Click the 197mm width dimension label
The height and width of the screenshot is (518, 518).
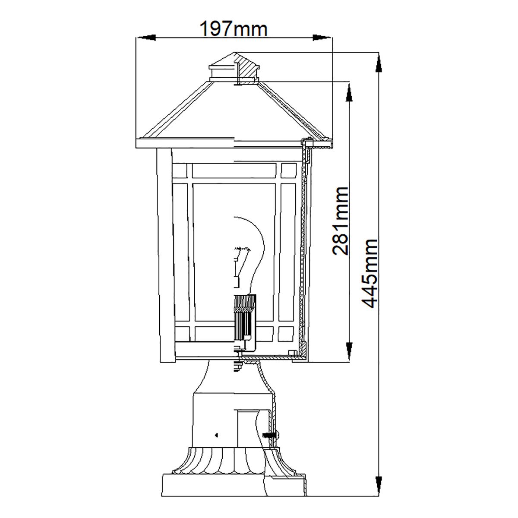click(234, 29)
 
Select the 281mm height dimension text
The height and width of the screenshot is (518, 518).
click(340, 221)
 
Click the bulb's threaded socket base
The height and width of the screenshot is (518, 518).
click(244, 319)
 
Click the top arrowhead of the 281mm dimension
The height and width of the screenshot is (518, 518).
click(349, 92)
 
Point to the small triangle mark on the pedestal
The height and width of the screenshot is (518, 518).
click(216, 435)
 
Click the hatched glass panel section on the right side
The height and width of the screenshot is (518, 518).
click(303, 250)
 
